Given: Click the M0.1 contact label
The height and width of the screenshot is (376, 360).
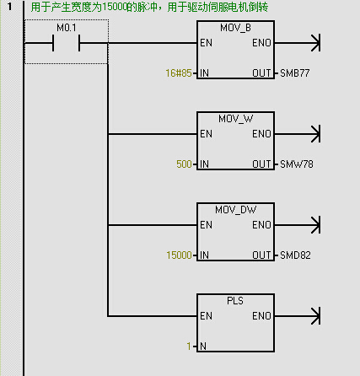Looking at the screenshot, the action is click(x=67, y=28).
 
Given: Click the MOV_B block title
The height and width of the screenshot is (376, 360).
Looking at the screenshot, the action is click(x=235, y=28).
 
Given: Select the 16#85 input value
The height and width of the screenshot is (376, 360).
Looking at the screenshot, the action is click(x=179, y=73).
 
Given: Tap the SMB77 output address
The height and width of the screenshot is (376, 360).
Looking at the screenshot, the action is click(x=295, y=73).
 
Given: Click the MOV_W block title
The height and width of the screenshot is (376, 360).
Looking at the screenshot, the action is click(x=235, y=119).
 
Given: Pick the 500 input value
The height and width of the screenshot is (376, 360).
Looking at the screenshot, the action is click(x=184, y=164).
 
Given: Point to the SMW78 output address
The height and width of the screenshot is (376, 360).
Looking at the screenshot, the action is click(x=297, y=164).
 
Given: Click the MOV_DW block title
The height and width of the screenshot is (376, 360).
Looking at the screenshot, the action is click(x=235, y=210).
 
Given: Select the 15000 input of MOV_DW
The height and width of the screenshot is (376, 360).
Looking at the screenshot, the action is click(x=179, y=255).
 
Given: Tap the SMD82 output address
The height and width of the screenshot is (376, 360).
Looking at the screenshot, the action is click(x=295, y=255).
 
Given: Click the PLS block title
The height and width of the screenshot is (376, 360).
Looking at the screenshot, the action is click(x=235, y=301).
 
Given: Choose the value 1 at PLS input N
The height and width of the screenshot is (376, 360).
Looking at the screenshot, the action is click(x=189, y=346).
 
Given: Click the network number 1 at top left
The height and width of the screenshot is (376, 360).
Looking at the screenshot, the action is click(x=10, y=7).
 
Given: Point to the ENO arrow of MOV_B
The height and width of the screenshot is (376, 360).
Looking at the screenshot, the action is click(x=298, y=43).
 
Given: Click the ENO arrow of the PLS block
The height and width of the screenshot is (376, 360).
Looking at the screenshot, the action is click(x=298, y=316).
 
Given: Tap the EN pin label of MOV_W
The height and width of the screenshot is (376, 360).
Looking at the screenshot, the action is click(x=206, y=134).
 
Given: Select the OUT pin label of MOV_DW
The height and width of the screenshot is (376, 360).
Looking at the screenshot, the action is click(x=261, y=255).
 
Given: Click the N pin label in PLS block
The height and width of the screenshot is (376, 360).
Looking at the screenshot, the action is click(x=203, y=346).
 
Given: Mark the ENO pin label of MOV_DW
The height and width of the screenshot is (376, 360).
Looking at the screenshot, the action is click(x=261, y=225).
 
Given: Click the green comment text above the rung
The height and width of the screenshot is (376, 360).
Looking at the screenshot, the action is click(x=149, y=7).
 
